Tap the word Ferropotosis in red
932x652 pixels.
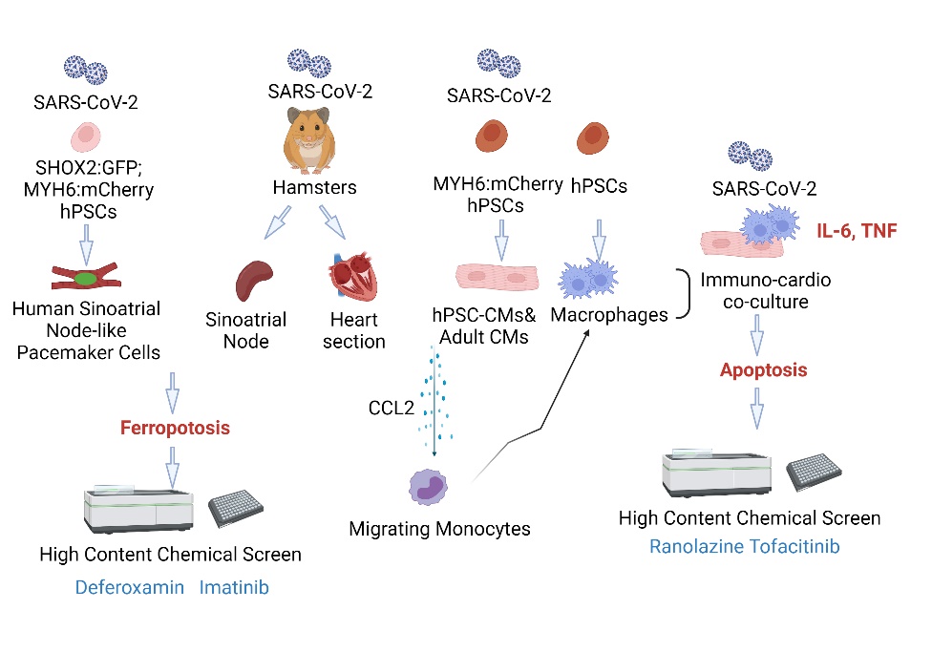pyautogui.click(x=175, y=428)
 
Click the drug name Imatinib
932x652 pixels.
pyautogui.click(x=234, y=587)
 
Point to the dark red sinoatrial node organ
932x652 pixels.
pyautogui.click(x=253, y=278)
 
